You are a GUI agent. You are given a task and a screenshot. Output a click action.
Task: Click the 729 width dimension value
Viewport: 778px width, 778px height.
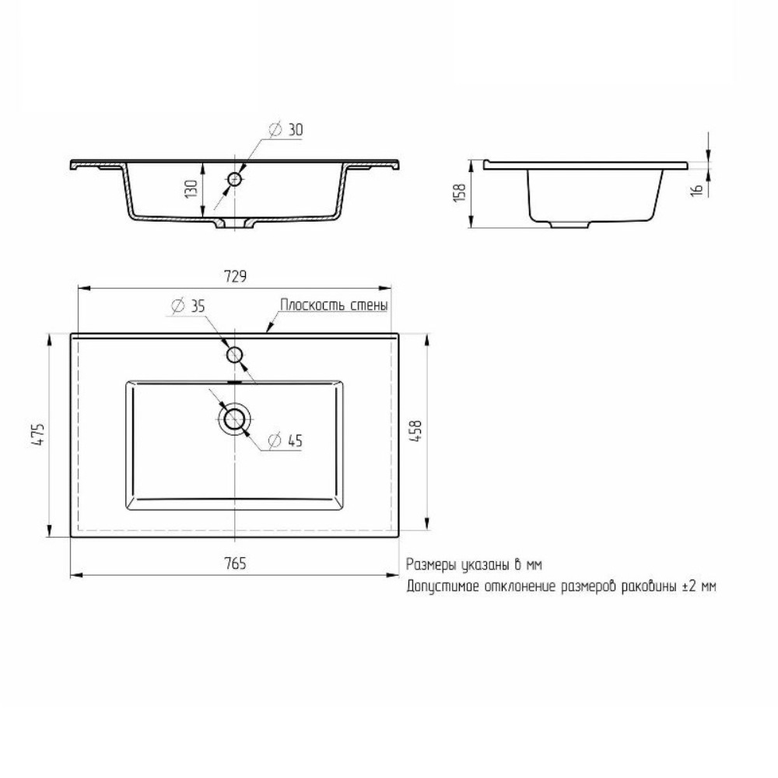click(235, 276)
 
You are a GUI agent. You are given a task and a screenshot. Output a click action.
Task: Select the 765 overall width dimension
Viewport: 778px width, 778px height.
click(235, 563)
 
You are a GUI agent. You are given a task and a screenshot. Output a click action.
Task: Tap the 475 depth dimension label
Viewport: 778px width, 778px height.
click(39, 433)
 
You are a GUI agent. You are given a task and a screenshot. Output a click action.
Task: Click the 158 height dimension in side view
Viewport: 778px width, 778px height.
click(460, 192)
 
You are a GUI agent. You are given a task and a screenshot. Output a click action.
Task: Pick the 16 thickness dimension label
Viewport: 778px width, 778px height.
click(698, 189)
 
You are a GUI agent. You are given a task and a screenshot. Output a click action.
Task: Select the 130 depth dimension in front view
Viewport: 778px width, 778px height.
click(191, 189)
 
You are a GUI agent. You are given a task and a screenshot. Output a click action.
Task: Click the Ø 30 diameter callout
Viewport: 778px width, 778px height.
click(286, 129)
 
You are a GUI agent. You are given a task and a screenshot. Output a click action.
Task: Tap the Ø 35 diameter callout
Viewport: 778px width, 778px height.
click(188, 306)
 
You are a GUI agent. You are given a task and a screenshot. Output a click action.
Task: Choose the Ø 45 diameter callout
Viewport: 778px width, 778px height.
click(286, 440)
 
